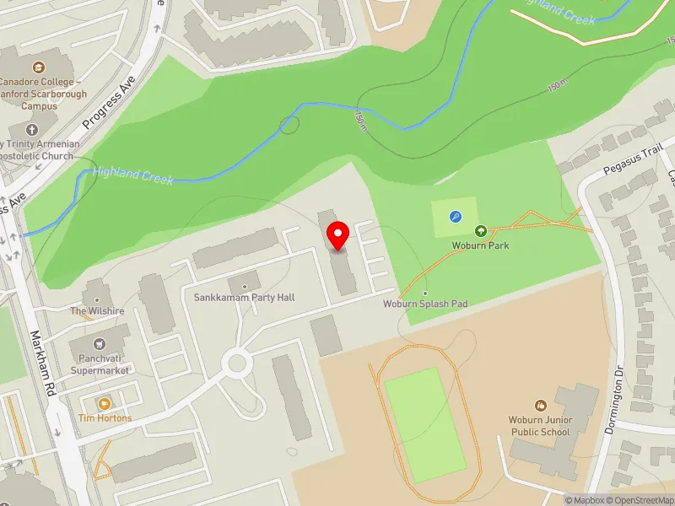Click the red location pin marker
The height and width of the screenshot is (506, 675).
click(x=338, y=235)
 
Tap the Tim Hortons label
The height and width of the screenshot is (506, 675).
click(x=105, y=418)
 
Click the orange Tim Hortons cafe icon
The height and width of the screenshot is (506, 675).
click(x=105, y=404)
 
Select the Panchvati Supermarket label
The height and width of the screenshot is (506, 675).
click(x=99, y=363)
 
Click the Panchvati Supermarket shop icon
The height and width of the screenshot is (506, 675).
click(x=99, y=344)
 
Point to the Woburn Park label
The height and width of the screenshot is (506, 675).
click(x=480, y=245)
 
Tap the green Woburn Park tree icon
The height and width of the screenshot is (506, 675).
click(x=480, y=231)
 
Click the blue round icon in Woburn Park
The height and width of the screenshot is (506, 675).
click(x=456, y=217)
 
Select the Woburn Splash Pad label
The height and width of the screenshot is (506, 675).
click(x=425, y=304)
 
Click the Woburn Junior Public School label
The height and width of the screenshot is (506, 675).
click(x=540, y=426)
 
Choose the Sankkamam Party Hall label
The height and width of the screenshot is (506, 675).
click(x=244, y=298)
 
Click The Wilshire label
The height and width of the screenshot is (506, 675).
click(x=97, y=311)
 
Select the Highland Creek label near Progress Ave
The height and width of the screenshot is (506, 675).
click(x=133, y=175)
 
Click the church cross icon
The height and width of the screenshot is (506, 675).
click(x=32, y=130)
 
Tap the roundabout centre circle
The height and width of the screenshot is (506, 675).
click(x=236, y=364)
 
